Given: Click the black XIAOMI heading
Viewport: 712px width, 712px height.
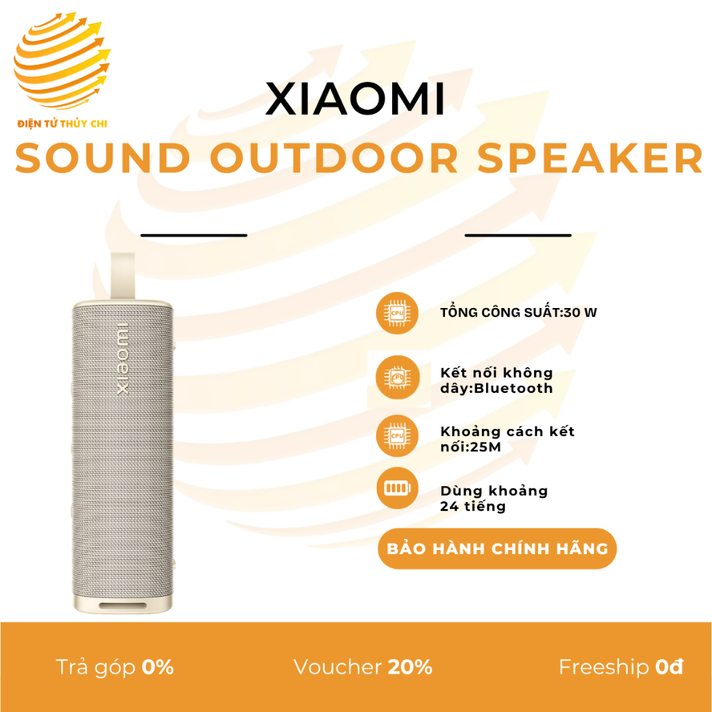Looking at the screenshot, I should pos(355,100).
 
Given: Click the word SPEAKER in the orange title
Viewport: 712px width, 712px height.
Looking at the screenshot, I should pos(590,159).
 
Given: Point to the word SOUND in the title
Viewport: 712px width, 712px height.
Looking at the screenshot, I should pos(103,159).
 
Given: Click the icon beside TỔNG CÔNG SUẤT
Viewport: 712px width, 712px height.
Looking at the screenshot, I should pos(397,313).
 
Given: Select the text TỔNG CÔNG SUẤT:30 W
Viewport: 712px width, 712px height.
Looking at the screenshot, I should pos(519,312).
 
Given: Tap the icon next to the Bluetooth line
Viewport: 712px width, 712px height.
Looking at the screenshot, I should pos(397,380).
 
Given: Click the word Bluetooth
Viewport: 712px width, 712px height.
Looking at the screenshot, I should pos(513,389).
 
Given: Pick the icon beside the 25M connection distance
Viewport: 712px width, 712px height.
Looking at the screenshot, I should pos(397,436).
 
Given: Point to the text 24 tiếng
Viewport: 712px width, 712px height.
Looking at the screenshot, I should pos(473,506).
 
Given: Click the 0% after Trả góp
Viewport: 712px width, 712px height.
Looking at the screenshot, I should pos(157,667).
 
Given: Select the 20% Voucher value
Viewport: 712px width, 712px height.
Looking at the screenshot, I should pos(410,667).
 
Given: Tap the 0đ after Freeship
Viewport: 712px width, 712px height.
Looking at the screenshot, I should pos(670,667).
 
